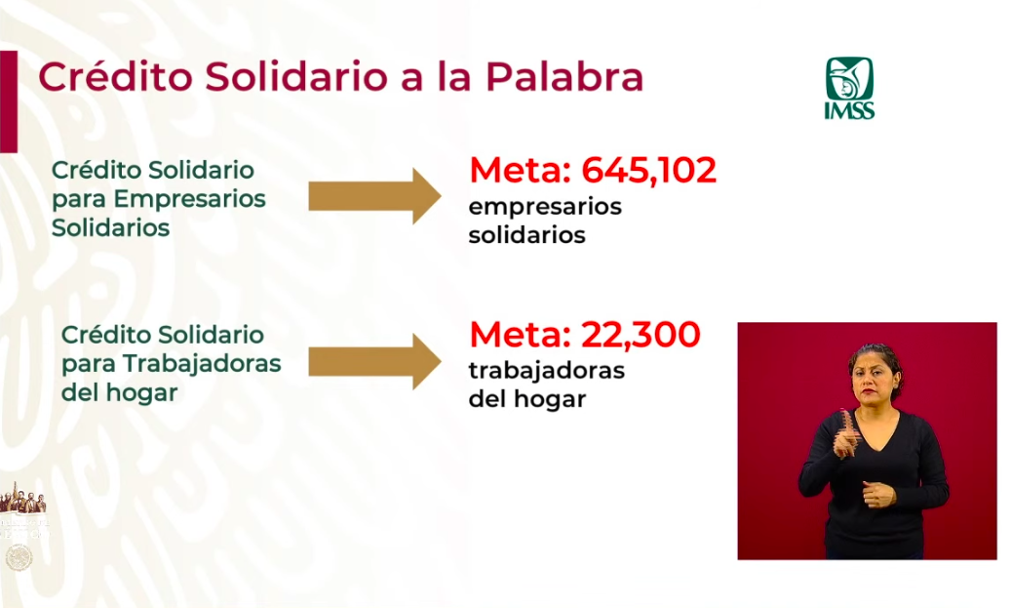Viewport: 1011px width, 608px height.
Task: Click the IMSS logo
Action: click(849, 88)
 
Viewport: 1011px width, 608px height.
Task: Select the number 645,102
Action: click(649, 171)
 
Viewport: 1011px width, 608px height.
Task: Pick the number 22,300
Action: click(641, 335)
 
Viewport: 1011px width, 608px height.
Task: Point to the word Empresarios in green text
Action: click(190, 199)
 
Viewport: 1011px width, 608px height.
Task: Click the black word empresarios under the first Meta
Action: click(544, 208)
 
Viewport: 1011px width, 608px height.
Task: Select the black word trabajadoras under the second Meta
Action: click(546, 371)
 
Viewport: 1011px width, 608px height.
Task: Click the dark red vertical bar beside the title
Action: click(8, 101)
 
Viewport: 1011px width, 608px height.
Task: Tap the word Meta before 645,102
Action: click(519, 171)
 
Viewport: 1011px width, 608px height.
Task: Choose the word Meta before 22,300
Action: click(519, 335)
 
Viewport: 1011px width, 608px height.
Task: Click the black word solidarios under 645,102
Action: click(526, 236)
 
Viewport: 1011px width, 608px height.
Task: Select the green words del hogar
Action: click(120, 393)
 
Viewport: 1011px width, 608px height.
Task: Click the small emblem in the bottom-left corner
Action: click(18, 557)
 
